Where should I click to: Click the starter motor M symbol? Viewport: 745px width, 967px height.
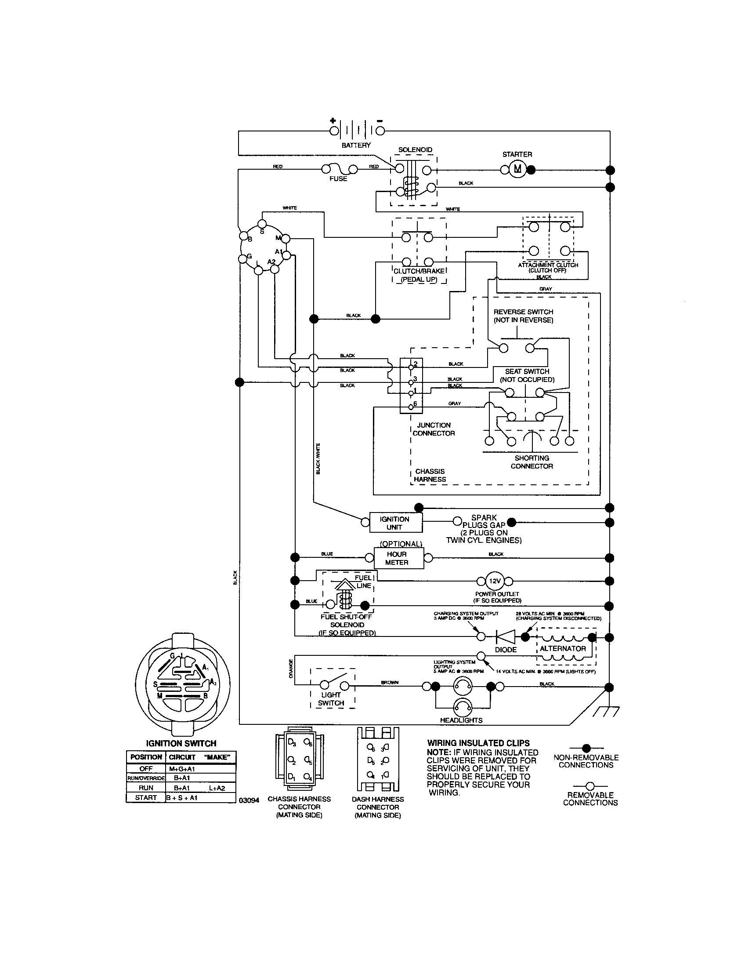(x=517, y=169)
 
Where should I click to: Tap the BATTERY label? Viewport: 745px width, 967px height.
(x=356, y=145)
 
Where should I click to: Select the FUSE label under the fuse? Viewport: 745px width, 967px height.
(x=338, y=179)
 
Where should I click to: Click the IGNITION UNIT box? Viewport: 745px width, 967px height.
(x=394, y=523)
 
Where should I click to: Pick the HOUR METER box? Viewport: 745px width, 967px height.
(x=397, y=558)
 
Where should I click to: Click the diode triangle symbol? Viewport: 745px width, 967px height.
(x=505, y=637)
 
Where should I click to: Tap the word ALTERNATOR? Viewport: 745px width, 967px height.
(x=562, y=648)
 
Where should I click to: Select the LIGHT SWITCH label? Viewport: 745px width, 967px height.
(x=331, y=699)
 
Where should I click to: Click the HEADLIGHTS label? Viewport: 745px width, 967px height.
(x=461, y=720)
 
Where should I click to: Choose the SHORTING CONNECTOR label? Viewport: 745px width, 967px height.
(x=532, y=462)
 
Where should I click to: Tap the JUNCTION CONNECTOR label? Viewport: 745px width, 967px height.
(x=434, y=429)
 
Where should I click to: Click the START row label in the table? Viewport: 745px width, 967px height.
(x=146, y=797)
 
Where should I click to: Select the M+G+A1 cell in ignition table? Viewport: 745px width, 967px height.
(x=182, y=769)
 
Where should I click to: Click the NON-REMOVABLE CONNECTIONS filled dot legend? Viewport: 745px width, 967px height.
(x=586, y=748)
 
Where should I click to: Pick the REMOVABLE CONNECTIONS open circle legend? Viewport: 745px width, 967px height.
(x=589, y=786)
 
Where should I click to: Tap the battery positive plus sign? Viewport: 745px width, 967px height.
(x=333, y=120)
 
